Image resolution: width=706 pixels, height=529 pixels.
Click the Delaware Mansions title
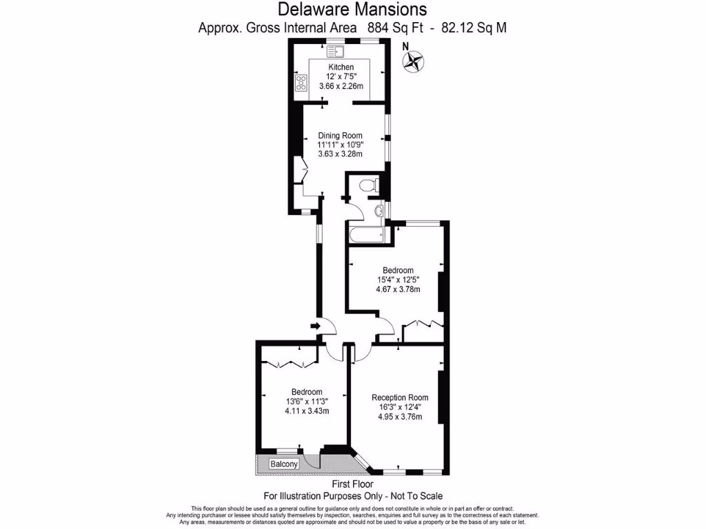352,10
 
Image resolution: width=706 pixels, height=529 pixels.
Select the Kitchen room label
341,67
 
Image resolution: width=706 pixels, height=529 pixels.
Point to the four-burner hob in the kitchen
301,83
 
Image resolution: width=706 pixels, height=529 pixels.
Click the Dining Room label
340,136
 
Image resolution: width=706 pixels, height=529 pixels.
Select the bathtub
367,235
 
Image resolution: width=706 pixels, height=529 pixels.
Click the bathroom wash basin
380,211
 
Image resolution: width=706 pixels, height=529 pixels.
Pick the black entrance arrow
316,326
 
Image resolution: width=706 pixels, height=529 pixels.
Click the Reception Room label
400,397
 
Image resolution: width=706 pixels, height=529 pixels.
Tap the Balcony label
284,464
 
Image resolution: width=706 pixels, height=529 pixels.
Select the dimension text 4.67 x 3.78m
397,289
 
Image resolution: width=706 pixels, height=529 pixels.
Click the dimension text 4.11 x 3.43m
307,411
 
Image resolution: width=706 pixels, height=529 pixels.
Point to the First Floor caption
352,484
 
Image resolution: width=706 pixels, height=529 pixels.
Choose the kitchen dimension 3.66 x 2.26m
341,86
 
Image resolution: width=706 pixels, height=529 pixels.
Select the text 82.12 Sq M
478,28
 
